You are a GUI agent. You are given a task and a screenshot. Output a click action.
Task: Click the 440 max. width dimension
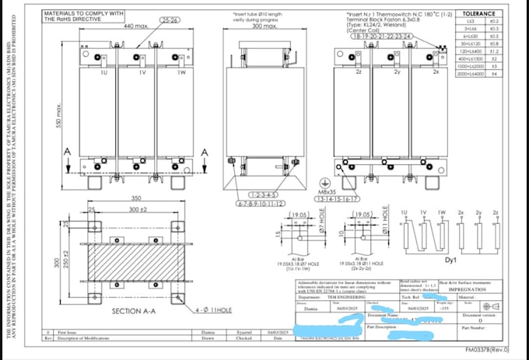click(136, 26)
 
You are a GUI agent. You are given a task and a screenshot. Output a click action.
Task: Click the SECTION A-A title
click(138, 311)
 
